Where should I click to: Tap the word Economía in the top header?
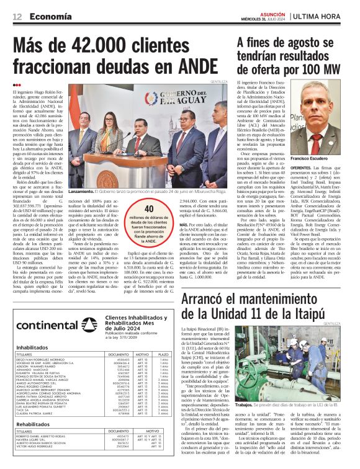[x=50, y=16]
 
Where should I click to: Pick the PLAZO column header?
[x=164, y=354]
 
